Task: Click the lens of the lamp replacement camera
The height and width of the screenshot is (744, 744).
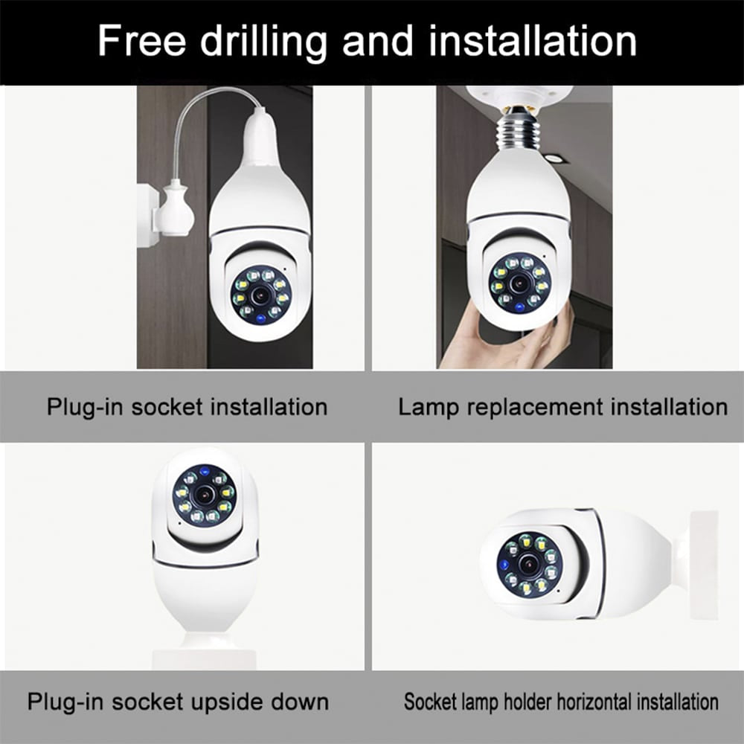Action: coord(520,283)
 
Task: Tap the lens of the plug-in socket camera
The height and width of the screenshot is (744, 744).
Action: coord(260,295)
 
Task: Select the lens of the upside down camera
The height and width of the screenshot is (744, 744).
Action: coord(204,495)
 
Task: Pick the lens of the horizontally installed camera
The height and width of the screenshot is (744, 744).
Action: coord(530,564)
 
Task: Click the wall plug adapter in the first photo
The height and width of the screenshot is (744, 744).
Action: coord(173,210)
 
